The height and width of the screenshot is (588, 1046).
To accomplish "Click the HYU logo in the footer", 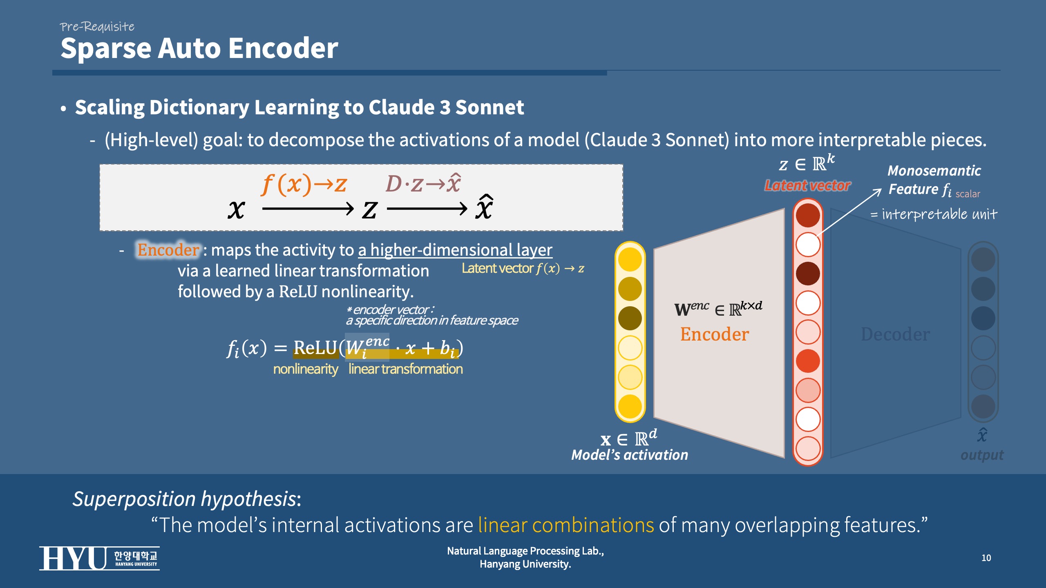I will (x=99, y=558).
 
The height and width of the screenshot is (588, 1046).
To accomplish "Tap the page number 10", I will (x=986, y=558).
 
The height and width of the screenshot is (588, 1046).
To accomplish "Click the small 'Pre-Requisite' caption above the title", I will (x=97, y=27).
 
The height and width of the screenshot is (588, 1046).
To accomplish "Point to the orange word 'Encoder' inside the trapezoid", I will (x=715, y=334).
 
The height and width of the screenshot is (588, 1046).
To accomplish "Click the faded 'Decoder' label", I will (x=895, y=334).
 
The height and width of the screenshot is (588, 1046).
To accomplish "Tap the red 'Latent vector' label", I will (x=807, y=186).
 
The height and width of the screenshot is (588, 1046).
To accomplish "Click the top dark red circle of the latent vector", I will (x=808, y=215).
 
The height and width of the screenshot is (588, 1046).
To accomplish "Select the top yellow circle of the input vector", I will (x=630, y=259).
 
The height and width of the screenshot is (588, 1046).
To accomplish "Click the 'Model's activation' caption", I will (x=630, y=455).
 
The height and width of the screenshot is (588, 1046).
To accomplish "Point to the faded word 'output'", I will (x=982, y=455).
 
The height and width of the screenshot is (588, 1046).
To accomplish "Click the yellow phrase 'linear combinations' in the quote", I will (x=566, y=525).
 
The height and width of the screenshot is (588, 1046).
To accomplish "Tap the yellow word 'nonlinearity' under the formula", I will (x=306, y=369).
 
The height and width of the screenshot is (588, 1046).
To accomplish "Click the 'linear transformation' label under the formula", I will (x=405, y=369).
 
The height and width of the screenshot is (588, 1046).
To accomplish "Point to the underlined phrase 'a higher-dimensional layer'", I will (x=455, y=250).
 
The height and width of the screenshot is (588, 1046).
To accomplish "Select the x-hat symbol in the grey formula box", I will (x=484, y=208).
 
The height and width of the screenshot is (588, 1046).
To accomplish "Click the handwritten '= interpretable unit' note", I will (x=934, y=214).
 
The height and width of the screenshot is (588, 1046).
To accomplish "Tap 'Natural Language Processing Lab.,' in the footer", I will (x=525, y=551).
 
